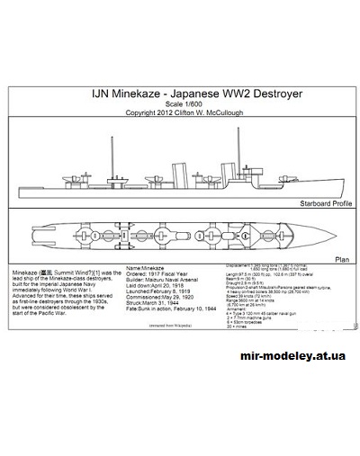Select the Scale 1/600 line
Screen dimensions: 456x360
[179, 103]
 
